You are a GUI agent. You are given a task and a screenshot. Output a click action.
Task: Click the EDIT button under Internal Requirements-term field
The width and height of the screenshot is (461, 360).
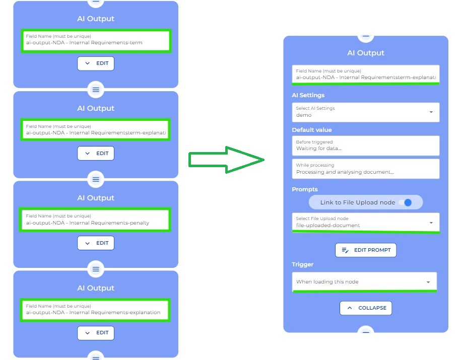[x=96, y=63]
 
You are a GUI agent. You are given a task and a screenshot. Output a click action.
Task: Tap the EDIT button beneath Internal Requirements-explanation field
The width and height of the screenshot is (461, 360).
[x=96, y=333]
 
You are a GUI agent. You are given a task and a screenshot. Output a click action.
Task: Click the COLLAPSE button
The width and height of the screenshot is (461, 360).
[x=366, y=308]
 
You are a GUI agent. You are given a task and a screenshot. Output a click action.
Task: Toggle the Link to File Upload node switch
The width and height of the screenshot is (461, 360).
[x=405, y=202]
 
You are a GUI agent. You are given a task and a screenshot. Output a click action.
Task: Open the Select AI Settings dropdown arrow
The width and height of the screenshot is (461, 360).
[x=431, y=112]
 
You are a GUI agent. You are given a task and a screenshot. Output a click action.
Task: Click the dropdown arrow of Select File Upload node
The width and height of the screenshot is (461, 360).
[x=431, y=223]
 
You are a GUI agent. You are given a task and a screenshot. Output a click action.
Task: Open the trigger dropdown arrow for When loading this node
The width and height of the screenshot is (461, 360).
[x=428, y=282]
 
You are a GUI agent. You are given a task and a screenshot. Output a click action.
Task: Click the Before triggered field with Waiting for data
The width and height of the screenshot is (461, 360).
[x=365, y=146]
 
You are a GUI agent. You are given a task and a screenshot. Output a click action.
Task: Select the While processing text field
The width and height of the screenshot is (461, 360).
[x=365, y=169]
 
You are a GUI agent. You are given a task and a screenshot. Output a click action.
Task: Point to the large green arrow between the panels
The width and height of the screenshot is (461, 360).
[x=227, y=160]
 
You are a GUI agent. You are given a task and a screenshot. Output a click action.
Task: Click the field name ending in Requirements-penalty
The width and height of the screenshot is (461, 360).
[x=95, y=220]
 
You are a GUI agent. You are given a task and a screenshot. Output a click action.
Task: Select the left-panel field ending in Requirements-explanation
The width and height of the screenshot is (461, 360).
[x=95, y=310]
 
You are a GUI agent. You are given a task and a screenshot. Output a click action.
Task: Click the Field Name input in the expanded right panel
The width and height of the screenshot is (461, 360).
[x=365, y=75]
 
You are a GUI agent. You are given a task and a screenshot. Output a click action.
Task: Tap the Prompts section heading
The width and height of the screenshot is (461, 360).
[x=305, y=190]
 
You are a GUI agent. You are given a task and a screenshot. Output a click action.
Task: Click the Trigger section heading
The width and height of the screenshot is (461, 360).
[x=302, y=264]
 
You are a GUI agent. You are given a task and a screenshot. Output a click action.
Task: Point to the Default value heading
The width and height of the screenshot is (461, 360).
[x=312, y=130]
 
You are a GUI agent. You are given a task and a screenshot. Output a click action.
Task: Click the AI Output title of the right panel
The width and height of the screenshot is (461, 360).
[x=365, y=53]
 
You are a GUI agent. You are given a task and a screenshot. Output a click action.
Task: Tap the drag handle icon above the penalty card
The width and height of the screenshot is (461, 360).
[x=96, y=179]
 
